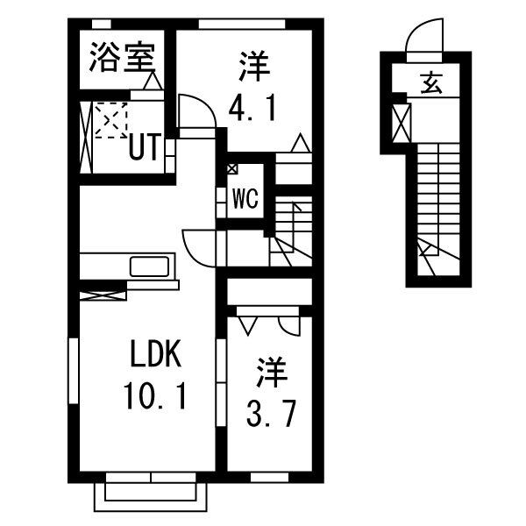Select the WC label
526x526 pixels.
tap(245, 199)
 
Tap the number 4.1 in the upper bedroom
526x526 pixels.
tap(253, 109)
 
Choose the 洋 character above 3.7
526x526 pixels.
tap(273, 372)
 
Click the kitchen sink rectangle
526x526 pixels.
tap(152, 265)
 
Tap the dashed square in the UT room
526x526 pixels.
tap(111, 119)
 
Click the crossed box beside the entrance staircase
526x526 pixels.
tap(402, 122)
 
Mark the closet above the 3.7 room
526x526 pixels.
tap(267, 291)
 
